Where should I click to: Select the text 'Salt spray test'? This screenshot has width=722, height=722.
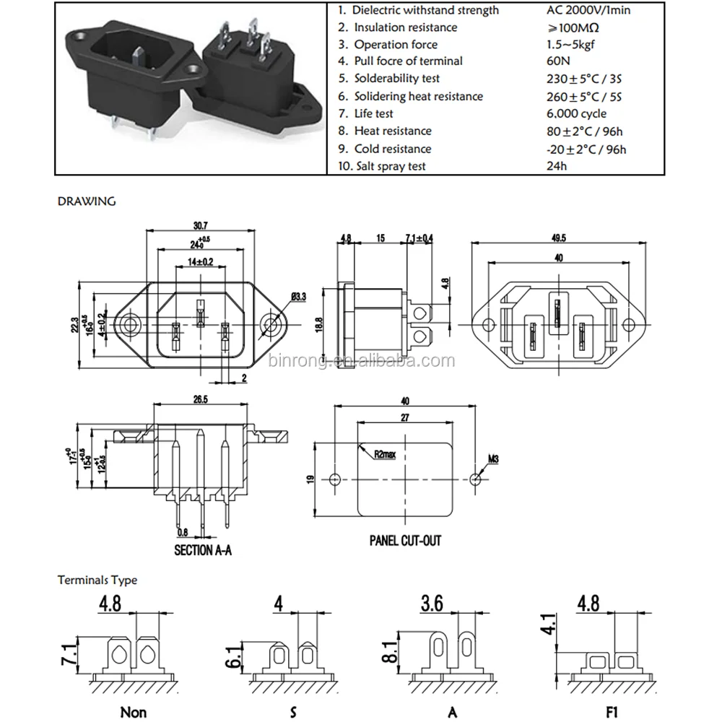point(390,166)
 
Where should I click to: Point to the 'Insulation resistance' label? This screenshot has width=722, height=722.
point(405,27)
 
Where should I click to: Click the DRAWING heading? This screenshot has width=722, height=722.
point(86,201)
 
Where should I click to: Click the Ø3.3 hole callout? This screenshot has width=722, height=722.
point(300,296)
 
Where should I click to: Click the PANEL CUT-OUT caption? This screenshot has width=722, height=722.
point(405,540)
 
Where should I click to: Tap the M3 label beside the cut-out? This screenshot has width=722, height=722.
point(495,458)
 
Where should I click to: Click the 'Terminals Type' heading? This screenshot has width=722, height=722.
point(97,580)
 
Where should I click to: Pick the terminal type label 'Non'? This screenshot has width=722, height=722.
point(133,712)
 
